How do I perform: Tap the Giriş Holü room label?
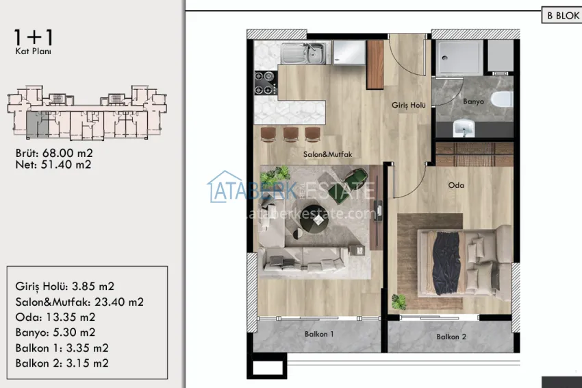click(x=409, y=106)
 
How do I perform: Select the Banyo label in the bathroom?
click(x=474, y=101)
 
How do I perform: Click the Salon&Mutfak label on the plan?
click(x=327, y=155)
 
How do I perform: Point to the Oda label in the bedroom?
click(x=457, y=185)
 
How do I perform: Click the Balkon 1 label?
click(x=318, y=335)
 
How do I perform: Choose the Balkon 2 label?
click(x=451, y=337)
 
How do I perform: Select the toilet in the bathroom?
click(x=504, y=99)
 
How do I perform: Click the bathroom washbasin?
click(x=466, y=128)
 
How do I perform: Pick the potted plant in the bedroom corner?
click(x=398, y=302)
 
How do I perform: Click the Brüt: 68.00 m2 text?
click(x=53, y=153)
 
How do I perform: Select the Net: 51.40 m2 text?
click(x=53, y=165)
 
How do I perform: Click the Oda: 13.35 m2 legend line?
click(x=55, y=317)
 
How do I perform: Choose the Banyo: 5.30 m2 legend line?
click(x=60, y=332)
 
